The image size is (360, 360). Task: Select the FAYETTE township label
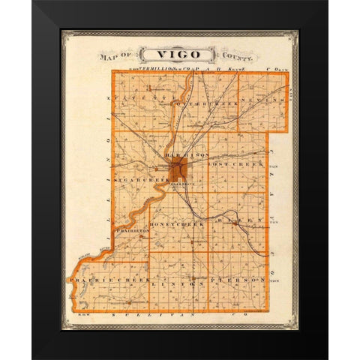coord(137,97)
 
